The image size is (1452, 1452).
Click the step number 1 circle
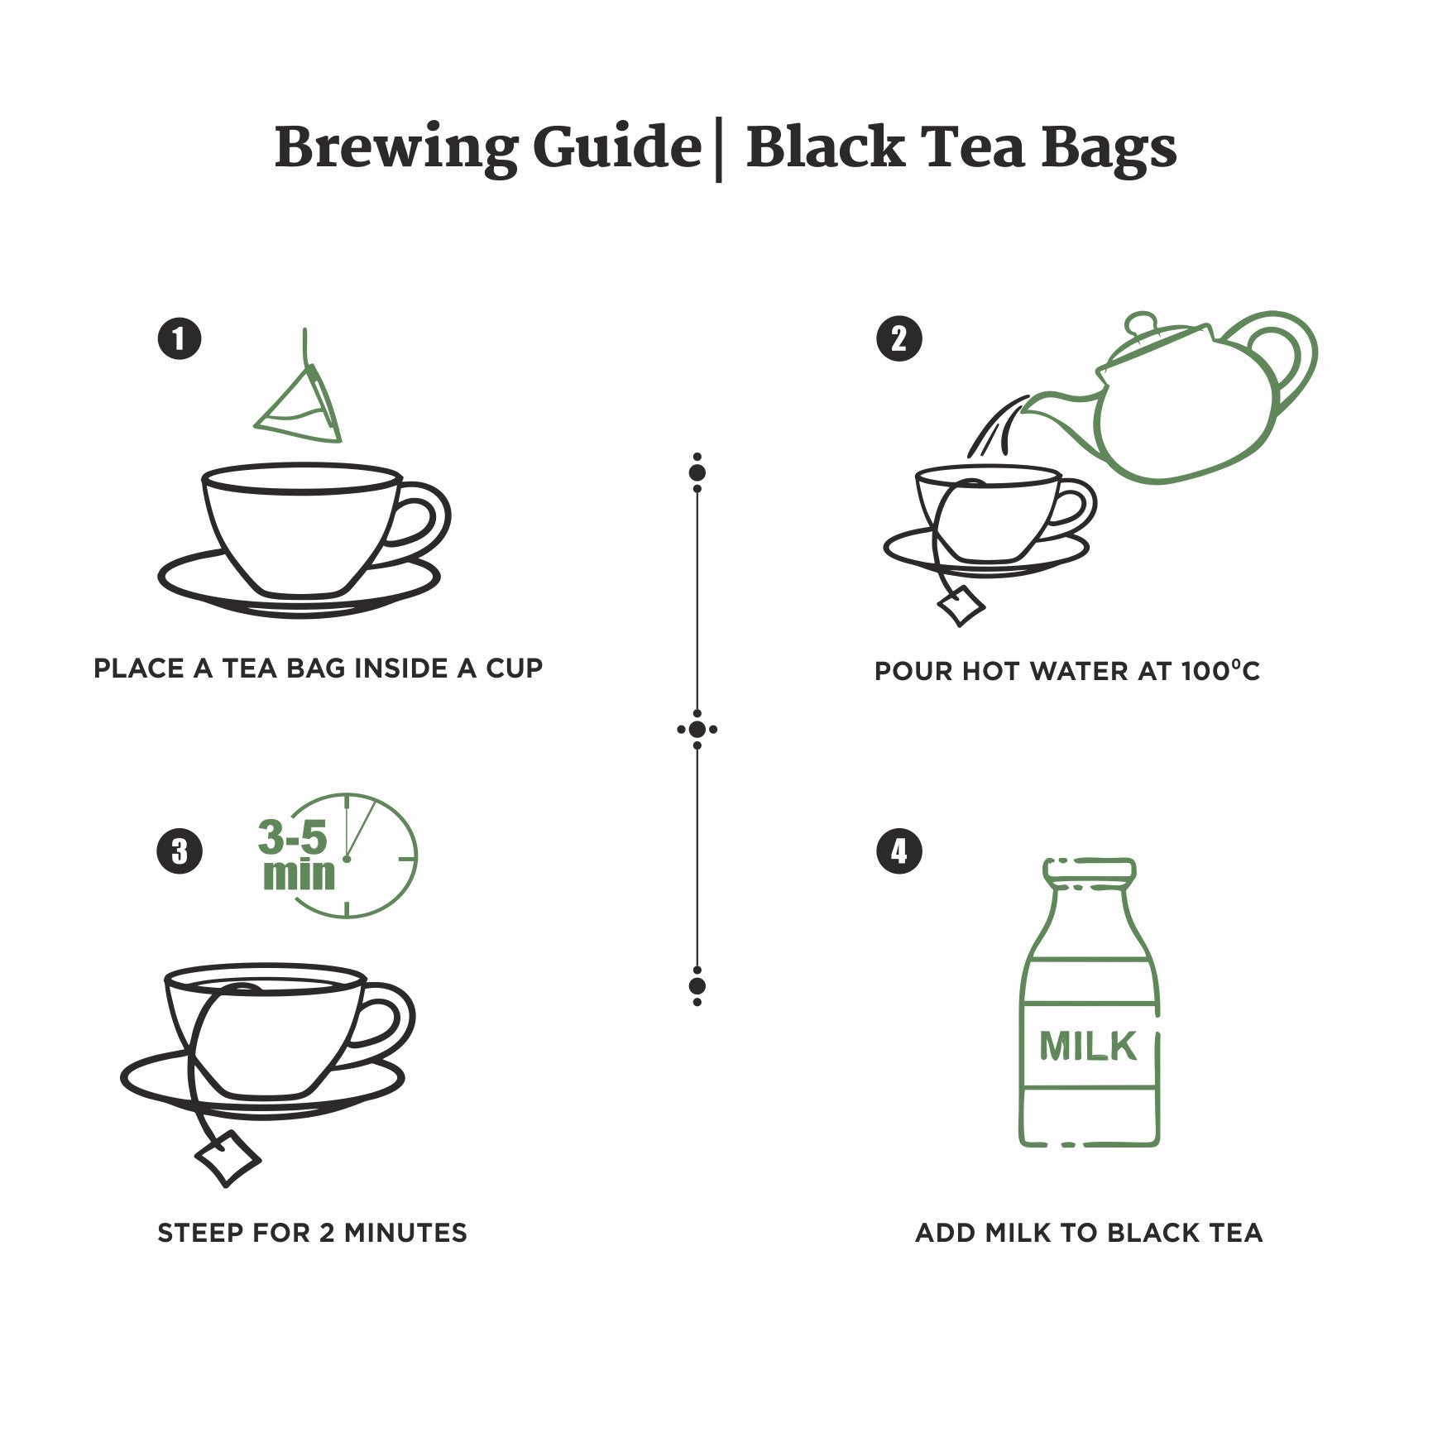[x=180, y=338]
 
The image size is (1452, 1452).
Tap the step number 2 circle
[x=899, y=338]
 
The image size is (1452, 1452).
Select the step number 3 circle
[x=180, y=851]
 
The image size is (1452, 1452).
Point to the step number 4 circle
[x=899, y=851]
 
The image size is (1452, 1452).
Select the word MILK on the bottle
[x=1087, y=1047]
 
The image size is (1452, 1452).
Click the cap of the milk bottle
[x=1089, y=870]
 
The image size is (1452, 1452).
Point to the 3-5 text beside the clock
[x=293, y=837]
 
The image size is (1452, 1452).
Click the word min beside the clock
[x=299, y=875]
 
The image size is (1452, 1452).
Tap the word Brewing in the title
[x=395, y=149]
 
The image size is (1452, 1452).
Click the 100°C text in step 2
[x=1220, y=670]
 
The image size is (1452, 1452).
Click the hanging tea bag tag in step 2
[x=961, y=605]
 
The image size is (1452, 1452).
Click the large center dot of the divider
[x=697, y=730]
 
